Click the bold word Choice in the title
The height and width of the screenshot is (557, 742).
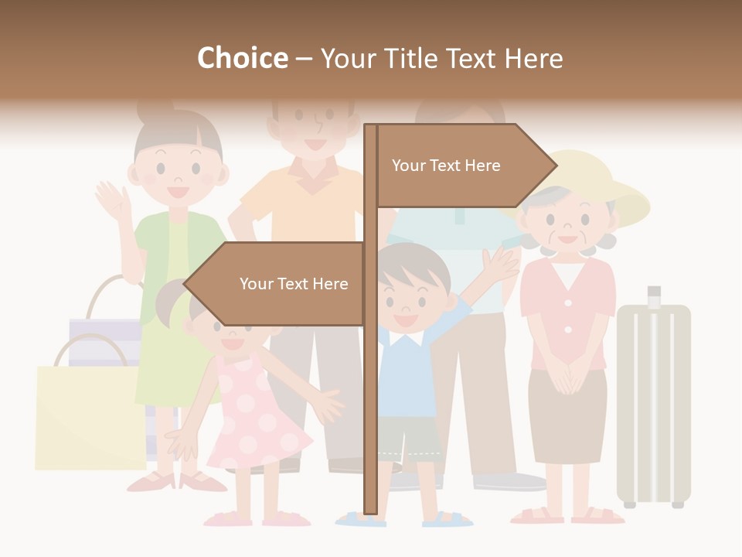tap(242, 59)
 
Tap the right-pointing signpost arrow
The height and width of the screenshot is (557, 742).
tap(464, 166)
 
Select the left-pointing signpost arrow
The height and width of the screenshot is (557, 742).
tap(278, 284)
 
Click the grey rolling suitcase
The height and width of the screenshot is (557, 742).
tap(654, 402)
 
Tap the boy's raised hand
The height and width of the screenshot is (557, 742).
tap(500, 263)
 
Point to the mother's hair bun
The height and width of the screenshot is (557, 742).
tap(155, 112)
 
